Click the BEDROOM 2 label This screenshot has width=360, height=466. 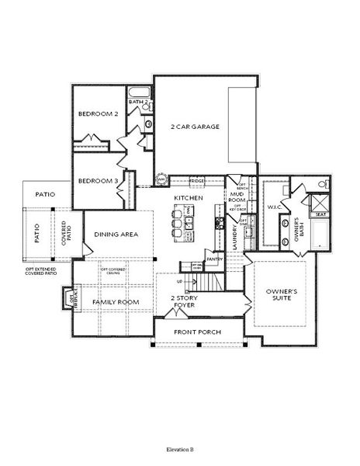pos(98,113)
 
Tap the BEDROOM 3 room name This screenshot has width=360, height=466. pos(98,181)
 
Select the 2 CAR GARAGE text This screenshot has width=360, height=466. pos(195,126)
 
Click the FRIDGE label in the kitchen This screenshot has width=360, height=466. pos(196,181)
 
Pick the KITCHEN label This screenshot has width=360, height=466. pos(189,199)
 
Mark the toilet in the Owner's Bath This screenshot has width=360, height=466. pos(323,186)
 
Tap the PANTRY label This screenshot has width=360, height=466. pos(215,259)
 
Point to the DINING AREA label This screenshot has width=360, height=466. pos(116,235)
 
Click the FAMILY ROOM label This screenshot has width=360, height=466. pos(116,301)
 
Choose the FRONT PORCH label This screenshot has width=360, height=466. pos(198,332)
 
